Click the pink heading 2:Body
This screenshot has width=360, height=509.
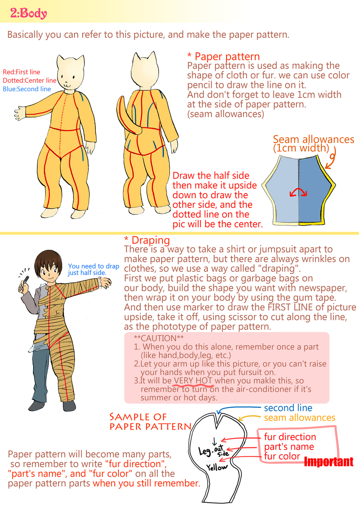coord(28,13)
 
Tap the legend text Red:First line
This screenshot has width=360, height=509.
coord(21,72)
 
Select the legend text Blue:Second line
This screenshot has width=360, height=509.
coord(27,89)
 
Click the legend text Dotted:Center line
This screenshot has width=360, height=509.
coord(30,81)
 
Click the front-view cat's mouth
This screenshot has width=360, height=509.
coord(67,85)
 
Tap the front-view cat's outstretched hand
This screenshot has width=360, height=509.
coord(20,113)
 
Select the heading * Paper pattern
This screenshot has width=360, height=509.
coord(223,56)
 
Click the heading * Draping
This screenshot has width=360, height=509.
coord(147,240)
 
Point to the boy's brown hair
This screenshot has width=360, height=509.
coord(48,260)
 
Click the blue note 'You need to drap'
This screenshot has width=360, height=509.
coord(94,266)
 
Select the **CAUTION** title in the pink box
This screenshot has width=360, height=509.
coord(159,338)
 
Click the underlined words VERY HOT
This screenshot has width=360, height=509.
coord(193,380)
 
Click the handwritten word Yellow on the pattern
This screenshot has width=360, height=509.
coord(217,467)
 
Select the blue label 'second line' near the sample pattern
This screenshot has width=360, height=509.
coord(288,408)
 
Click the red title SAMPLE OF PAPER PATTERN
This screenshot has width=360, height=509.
coord(151,422)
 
